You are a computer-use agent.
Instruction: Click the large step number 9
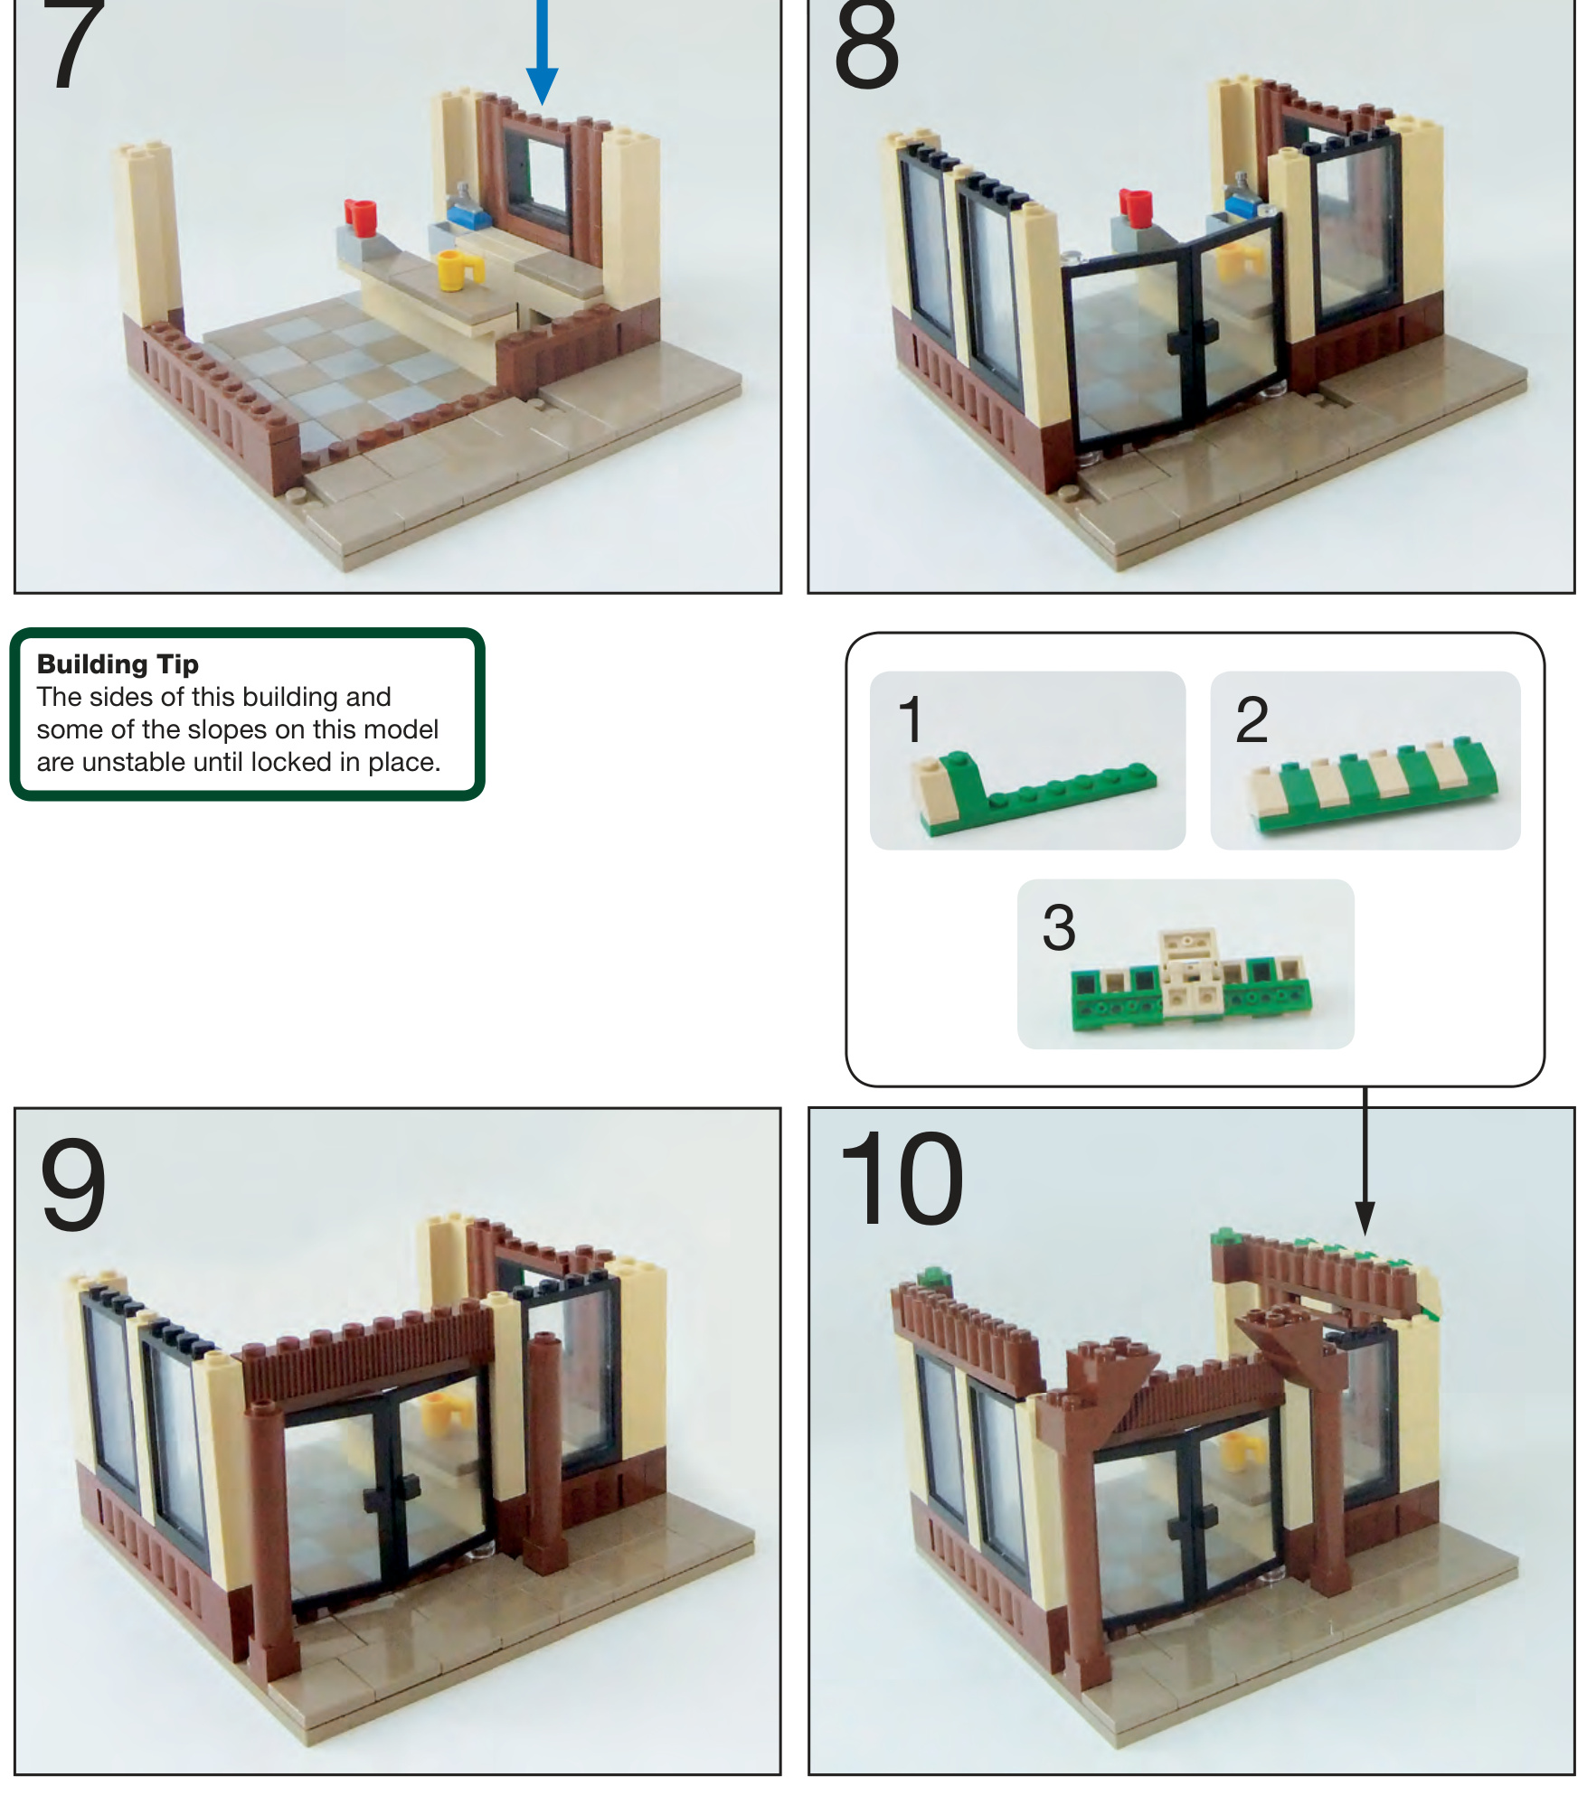pos(73,1183)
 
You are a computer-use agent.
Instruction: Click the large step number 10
pos(901,1179)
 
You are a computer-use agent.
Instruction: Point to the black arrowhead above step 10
pos(1365,1217)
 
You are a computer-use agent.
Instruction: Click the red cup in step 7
pos(361,217)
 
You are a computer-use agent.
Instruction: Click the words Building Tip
pos(118,664)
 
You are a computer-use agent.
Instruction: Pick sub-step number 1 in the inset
pos(911,719)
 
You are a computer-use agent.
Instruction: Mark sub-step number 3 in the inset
pos(1059,926)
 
